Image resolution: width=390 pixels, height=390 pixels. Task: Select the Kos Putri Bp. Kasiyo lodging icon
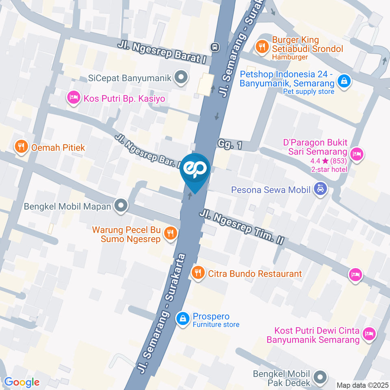pos(73,98)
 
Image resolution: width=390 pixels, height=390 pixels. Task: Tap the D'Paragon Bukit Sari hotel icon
pos(357,154)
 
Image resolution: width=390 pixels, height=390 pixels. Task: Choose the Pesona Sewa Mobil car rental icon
pos(321,189)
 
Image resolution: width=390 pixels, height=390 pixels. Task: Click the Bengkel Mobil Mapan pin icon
pos(121,206)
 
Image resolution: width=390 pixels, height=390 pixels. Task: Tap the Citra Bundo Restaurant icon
pos(198,273)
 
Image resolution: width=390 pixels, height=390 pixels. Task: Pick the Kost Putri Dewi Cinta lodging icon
pos(369,334)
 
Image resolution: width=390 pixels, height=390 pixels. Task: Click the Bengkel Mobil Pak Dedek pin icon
pos(321,377)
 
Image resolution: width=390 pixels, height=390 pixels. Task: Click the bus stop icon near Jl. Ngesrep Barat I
pos(215,47)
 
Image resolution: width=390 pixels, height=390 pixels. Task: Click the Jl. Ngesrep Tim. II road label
pos(241,227)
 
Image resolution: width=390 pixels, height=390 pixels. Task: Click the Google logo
pos(22,382)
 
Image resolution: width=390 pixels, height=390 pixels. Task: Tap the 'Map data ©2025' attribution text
pos(362,385)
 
